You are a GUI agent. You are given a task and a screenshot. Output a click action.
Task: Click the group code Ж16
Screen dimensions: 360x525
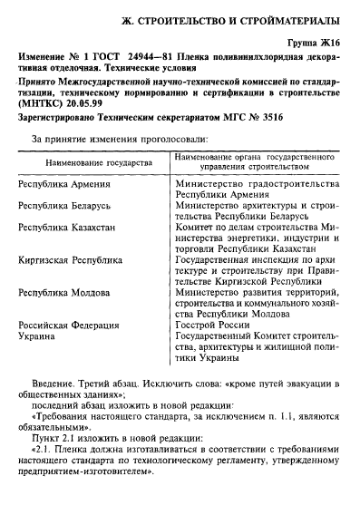335,44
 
